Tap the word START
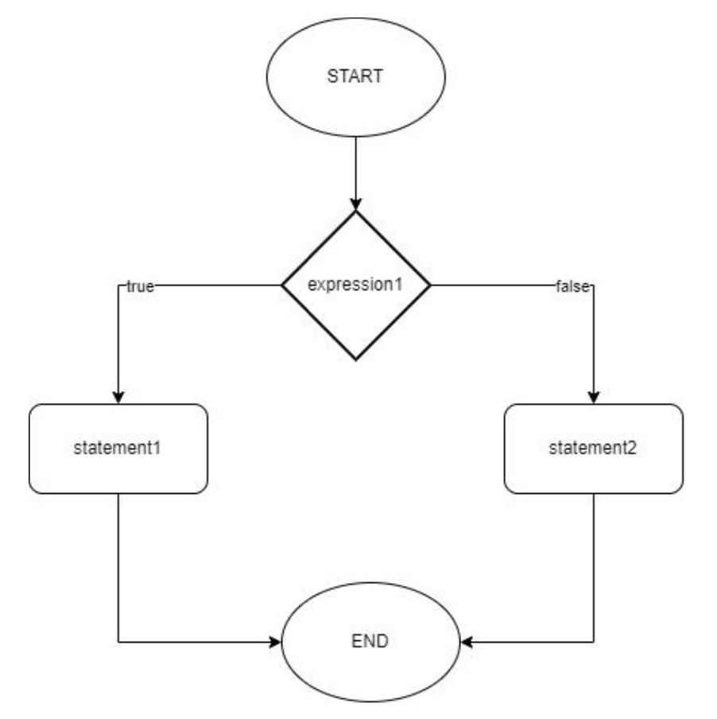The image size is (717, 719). click(356, 78)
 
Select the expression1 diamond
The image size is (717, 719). click(356, 318)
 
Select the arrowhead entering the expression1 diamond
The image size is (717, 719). click(356, 203)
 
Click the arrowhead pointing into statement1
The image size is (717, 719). click(118, 397)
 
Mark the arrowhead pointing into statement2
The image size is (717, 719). click(593, 397)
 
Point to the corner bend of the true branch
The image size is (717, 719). click(118, 286)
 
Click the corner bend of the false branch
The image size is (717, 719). click(593, 286)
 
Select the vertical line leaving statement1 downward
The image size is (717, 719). click(118, 565)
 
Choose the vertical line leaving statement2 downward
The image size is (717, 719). click(593, 565)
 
